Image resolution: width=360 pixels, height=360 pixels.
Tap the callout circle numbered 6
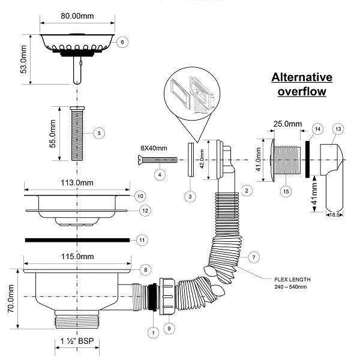pyautogui.click(x=122, y=42)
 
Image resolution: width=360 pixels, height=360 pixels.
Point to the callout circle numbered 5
pyautogui.click(x=100, y=131)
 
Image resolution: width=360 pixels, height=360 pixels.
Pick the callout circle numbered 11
pyautogui.click(x=142, y=240)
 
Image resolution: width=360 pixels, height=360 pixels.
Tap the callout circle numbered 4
pyautogui.click(x=159, y=175)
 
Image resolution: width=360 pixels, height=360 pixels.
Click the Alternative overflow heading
pyautogui.click(x=301, y=85)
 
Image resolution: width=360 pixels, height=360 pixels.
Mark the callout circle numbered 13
pyautogui.click(x=338, y=129)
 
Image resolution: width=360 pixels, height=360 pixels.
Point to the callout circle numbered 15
pyautogui.click(x=285, y=191)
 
